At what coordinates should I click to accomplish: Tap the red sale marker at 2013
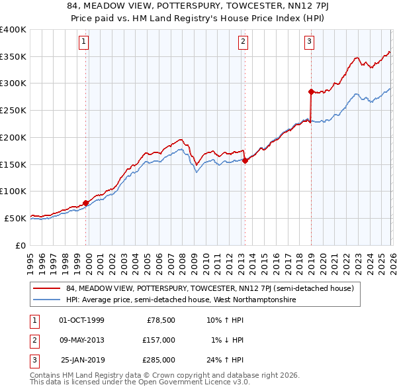pos(245,160)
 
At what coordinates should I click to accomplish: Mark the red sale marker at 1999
pos(86,203)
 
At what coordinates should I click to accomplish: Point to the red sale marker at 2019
pos(311,91)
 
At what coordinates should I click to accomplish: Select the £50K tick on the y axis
pos(15,218)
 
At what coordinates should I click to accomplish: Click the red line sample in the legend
pos(48,288)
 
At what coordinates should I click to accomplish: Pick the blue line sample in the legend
pos(48,300)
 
